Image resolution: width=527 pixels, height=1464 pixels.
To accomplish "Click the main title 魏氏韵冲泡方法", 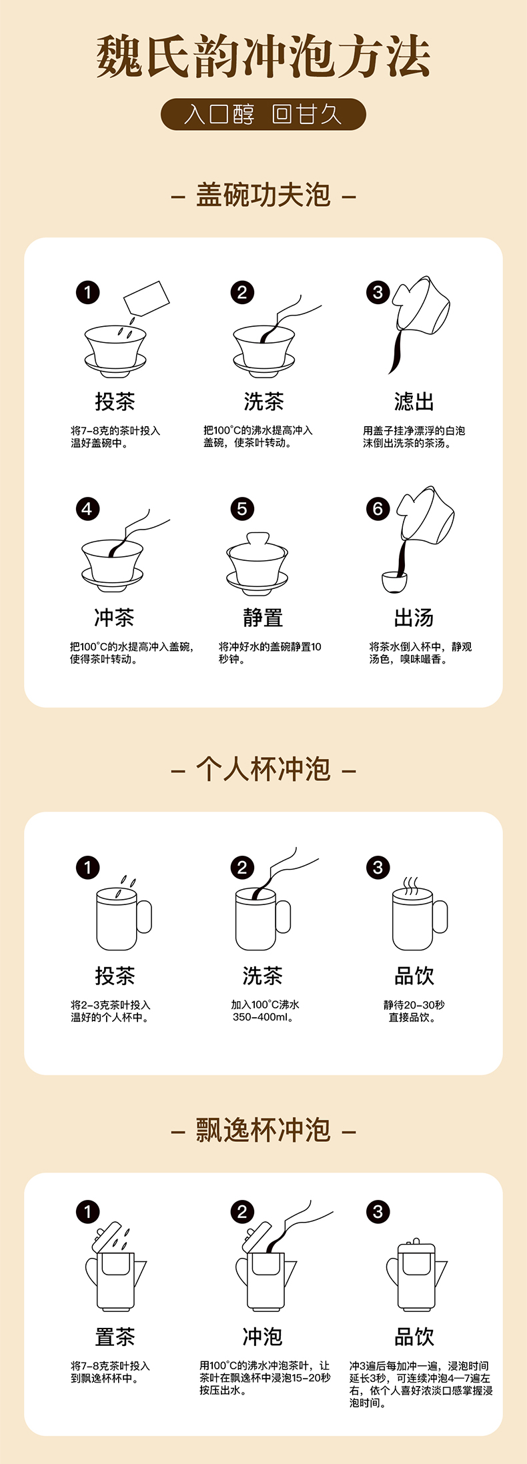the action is [x=263, y=56].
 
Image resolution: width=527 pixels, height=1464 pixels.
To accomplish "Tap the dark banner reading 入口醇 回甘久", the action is [x=263, y=114].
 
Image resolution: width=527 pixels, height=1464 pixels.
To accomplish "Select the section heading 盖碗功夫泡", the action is [x=263, y=195].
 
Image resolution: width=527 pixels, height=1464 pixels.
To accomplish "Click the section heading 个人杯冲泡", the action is [x=263, y=770].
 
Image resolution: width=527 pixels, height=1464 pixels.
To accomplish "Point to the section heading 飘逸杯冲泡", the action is [x=263, y=1131].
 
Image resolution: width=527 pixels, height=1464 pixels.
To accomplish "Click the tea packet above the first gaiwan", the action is [x=147, y=298].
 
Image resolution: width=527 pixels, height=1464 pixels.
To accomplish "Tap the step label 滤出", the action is [x=414, y=402].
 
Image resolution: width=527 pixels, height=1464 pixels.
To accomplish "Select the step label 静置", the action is [x=263, y=618].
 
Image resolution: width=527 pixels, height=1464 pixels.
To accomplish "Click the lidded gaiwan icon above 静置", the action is [x=257, y=563].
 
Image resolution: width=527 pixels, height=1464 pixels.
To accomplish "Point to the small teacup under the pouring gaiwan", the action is [x=394, y=582].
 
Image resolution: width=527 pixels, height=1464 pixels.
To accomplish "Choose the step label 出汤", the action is [x=414, y=618].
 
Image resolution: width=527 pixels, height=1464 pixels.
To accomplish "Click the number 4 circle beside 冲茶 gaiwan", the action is [x=87, y=509].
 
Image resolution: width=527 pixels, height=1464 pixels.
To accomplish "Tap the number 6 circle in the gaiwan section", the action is [x=378, y=509].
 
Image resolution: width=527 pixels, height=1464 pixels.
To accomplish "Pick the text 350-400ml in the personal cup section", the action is [x=263, y=1017].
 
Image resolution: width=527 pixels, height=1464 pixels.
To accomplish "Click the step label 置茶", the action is [x=115, y=1337].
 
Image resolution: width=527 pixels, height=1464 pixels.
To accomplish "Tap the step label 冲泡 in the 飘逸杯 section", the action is [x=263, y=1337].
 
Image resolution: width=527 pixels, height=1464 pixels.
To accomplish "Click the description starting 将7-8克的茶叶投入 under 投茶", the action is [x=115, y=437].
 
